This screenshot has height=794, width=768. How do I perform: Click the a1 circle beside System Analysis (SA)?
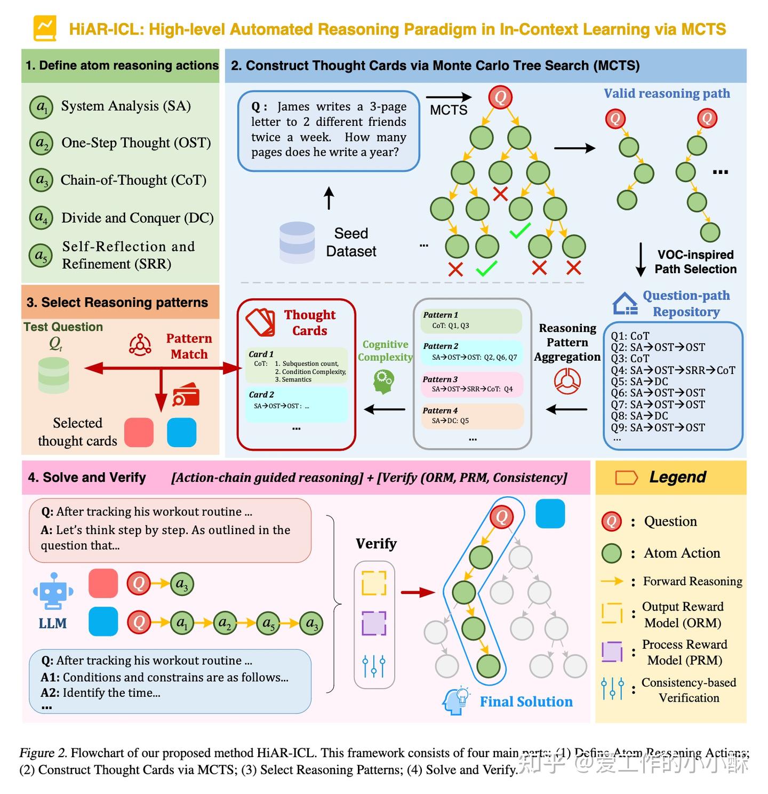tap(41, 107)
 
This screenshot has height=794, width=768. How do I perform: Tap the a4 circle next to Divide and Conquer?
tap(41, 218)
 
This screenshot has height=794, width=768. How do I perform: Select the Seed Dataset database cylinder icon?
tap(297, 242)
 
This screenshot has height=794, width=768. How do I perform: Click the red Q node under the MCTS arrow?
tap(500, 98)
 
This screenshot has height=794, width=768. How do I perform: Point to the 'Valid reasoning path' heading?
tap(667, 93)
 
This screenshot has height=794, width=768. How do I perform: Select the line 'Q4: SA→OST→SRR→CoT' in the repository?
tap(673, 370)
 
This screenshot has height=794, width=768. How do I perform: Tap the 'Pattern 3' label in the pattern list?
tap(440, 379)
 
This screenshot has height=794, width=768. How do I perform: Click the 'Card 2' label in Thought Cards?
tap(261, 394)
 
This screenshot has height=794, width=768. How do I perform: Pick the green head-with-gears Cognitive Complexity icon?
tap(383, 382)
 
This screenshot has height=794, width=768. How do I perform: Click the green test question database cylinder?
tap(54, 375)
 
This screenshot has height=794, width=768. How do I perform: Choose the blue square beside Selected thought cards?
tap(181, 432)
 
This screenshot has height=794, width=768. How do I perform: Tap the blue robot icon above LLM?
tap(53, 591)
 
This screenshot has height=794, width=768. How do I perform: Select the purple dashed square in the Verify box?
tap(374, 623)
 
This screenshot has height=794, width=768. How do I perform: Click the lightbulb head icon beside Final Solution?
tap(455, 701)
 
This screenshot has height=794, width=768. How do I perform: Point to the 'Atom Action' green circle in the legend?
tap(611, 553)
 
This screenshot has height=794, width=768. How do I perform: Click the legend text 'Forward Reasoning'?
tap(692, 581)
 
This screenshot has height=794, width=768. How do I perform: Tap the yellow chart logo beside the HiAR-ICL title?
tap(45, 28)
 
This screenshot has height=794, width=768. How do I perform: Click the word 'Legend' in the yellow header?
tap(677, 477)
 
